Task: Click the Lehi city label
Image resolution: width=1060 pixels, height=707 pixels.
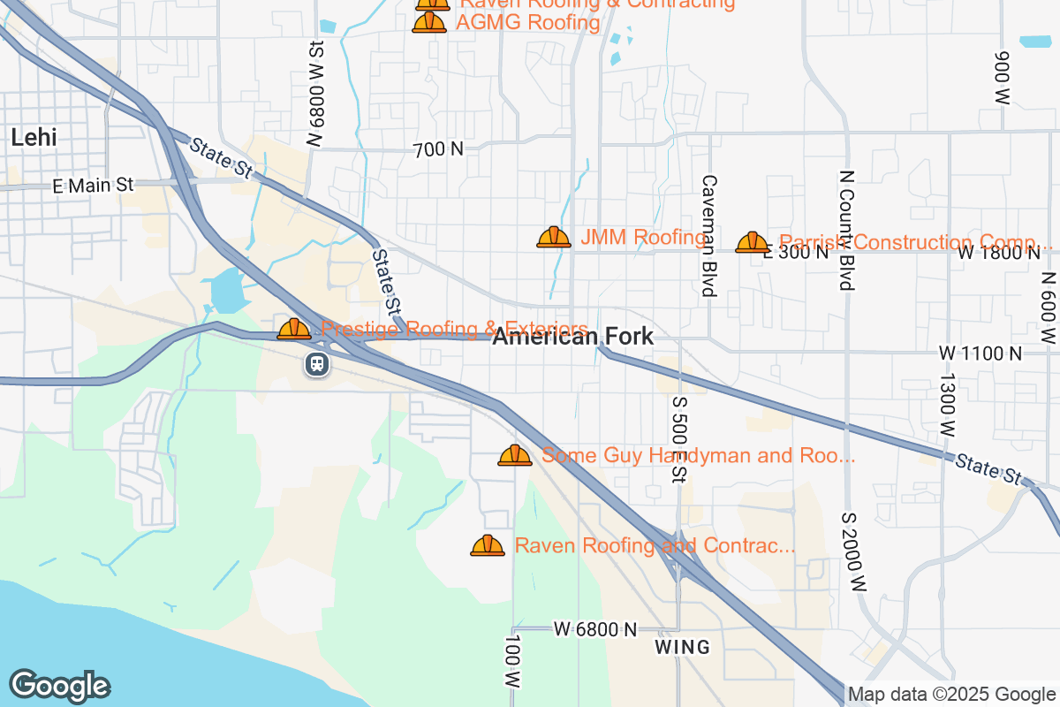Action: (34, 137)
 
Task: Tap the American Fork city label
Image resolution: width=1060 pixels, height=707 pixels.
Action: (573, 336)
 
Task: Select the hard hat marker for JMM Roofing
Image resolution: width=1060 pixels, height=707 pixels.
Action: (554, 237)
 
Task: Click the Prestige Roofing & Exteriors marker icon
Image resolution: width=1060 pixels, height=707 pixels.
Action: (294, 330)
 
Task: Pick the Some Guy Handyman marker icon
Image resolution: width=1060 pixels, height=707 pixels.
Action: (515, 456)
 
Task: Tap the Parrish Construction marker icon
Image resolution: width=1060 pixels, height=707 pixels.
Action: (753, 242)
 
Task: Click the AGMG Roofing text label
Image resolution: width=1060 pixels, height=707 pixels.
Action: (527, 22)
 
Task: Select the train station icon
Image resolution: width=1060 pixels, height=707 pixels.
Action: (317, 363)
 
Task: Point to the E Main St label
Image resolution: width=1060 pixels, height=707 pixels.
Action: (93, 185)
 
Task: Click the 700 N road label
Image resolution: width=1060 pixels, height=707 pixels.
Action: (438, 149)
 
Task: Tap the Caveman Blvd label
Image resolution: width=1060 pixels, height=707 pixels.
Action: (708, 234)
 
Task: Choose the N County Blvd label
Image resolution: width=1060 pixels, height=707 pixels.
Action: (846, 230)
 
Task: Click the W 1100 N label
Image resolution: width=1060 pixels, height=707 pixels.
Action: (980, 353)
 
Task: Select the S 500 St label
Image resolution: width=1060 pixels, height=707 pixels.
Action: (678, 439)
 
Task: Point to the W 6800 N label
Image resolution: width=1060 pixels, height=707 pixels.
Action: (595, 629)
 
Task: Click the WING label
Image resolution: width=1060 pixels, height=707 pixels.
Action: (683, 647)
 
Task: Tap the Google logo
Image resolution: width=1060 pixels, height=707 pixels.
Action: (59, 686)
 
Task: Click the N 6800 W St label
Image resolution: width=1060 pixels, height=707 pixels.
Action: (317, 93)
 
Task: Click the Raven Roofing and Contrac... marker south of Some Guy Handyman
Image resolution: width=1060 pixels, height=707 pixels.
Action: (488, 546)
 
